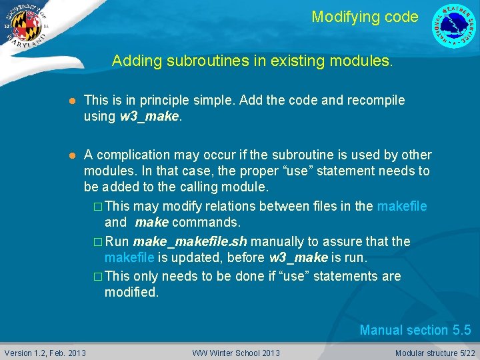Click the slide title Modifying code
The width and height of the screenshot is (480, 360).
pyautogui.click(x=365, y=17)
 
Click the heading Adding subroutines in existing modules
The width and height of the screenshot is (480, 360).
pyautogui.click(x=252, y=61)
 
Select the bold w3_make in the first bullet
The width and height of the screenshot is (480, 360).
pyautogui.click(x=149, y=116)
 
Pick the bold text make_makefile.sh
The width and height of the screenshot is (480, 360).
pyautogui.click(x=189, y=241)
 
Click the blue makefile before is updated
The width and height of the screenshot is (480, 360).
pyautogui.click(x=129, y=257)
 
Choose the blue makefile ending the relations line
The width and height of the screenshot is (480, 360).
pyautogui.click(x=401, y=206)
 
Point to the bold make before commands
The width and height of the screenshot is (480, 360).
pyautogui.click(x=151, y=222)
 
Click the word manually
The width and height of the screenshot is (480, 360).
pyautogui.click(x=274, y=241)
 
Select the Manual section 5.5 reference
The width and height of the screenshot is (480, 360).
pyautogui.click(x=415, y=330)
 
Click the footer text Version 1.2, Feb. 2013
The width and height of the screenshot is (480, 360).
pyautogui.click(x=45, y=353)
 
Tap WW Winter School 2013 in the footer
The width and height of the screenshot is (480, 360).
pyautogui.click(x=236, y=353)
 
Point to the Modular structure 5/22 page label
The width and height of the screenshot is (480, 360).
pyautogui.click(x=435, y=353)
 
